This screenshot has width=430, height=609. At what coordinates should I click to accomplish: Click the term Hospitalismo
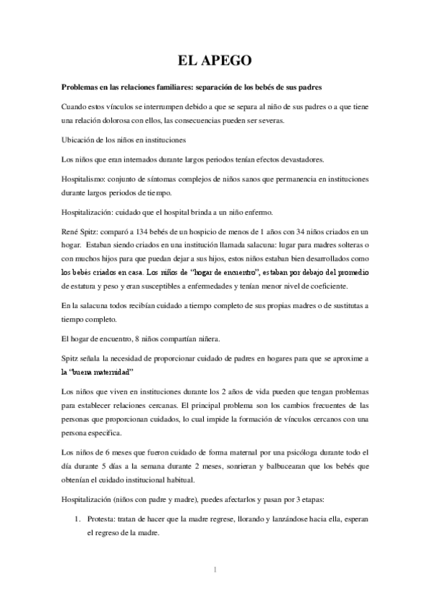85,178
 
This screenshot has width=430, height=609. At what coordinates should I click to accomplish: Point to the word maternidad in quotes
113,373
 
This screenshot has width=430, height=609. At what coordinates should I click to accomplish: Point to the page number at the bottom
215,571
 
